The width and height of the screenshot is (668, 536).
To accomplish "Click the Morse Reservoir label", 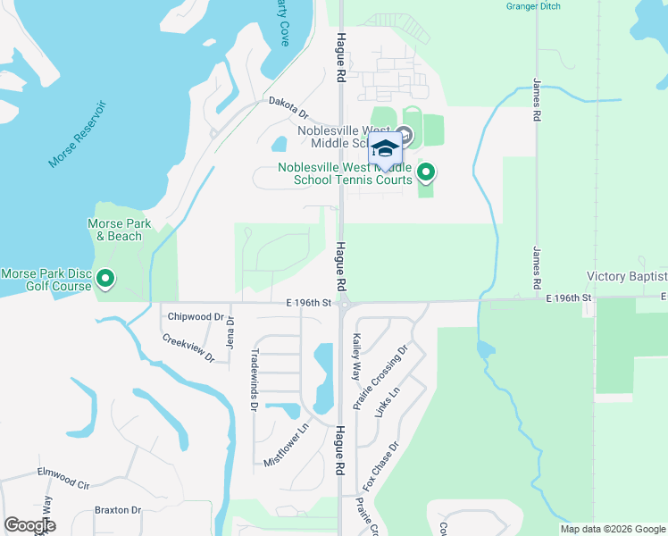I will (78, 135).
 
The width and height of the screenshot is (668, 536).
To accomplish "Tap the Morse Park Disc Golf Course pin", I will (106, 280).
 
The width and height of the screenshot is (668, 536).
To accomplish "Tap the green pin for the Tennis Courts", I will (427, 172).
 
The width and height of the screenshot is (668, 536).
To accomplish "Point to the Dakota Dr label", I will (288, 107).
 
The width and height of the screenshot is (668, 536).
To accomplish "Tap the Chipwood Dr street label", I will (195, 316).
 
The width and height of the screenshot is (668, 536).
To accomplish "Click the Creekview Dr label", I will (188, 348).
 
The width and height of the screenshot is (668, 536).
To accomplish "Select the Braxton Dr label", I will (118, 511).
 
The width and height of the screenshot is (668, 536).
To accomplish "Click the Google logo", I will (29, 525).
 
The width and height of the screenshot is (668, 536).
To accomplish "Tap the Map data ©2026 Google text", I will (613, 529).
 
